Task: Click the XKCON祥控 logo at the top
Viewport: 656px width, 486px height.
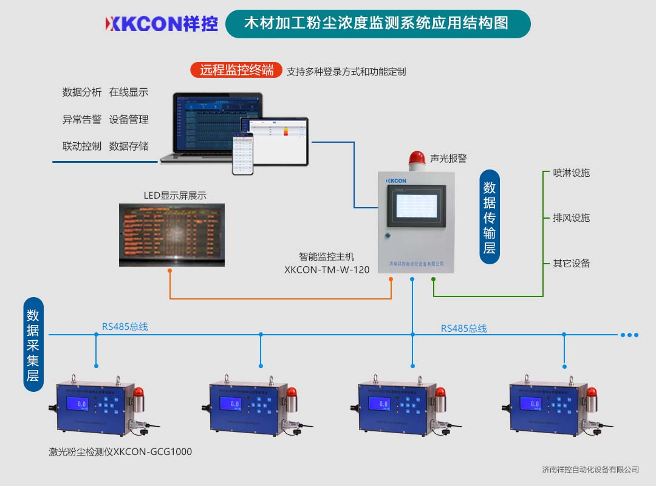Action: tap(161, 24)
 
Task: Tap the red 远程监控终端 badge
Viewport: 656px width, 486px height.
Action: tap(236, 70)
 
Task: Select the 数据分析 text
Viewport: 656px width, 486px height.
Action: tap(82, 92)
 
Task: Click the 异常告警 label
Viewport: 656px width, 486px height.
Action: tap(82, 120)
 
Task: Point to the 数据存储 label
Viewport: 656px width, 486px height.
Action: tap(129, 146)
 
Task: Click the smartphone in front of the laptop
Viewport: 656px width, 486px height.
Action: tap(242, 154)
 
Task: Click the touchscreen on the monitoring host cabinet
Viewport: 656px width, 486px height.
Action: tap(416, 206)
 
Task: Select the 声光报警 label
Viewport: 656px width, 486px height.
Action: tap(448, 159)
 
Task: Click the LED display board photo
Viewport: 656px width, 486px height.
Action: tap(172, 234)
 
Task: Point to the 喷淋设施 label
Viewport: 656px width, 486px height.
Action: tap(571, 173)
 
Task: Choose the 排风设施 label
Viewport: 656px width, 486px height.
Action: tap(571, 218)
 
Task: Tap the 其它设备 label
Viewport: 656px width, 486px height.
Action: tap(571, 264)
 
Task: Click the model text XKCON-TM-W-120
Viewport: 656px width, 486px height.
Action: tap(327, 270)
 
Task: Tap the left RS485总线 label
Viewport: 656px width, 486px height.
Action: tap(125, 327)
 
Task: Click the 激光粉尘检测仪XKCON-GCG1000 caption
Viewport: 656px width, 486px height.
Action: tap(120, 452)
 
